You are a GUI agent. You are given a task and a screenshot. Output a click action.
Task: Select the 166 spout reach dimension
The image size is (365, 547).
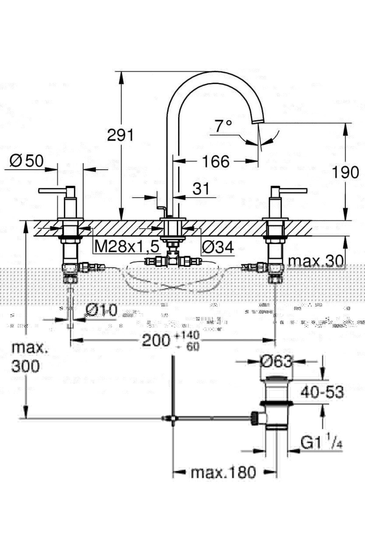click(216, 161)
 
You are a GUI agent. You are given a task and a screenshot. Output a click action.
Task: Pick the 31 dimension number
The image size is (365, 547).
click(201, 189)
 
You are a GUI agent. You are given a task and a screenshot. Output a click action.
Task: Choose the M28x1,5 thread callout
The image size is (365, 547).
click(127, 247)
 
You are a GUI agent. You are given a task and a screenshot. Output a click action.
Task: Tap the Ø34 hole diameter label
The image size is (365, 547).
click(218, 247)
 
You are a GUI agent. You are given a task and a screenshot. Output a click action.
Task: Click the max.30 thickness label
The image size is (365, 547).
click(316, 260)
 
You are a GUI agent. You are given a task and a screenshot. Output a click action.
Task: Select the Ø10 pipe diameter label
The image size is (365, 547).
click(102, 310)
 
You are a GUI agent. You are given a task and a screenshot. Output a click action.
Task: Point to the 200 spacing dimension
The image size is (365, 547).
click(156, 341)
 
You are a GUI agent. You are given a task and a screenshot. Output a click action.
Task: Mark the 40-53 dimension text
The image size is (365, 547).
click(322, 392)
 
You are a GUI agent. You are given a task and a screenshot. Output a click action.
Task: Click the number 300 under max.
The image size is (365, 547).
click(26, 366)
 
